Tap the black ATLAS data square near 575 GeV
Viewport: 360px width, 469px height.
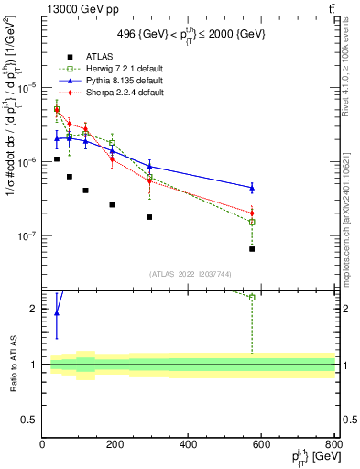[x=252, y=249]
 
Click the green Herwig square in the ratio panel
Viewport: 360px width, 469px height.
[x=252, y=297]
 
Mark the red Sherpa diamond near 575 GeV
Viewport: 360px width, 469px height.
[x=252, y=213]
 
